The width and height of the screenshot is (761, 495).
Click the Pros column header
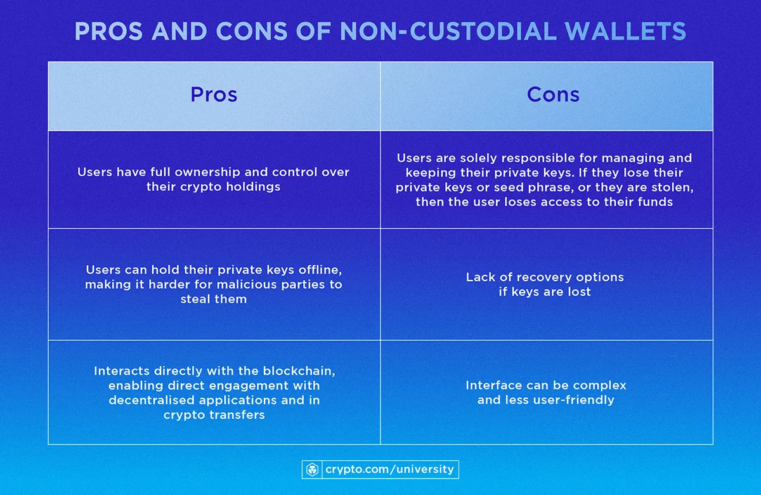[x=214, y=95]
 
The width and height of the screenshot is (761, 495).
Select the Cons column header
[x=553, y=95]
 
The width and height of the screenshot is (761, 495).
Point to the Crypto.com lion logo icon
[x=313, y=470]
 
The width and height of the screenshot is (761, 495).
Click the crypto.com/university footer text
[x=389, y=470]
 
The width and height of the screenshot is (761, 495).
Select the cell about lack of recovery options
[x=545, y=284]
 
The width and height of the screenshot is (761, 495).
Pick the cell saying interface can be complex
[x=545, y=392]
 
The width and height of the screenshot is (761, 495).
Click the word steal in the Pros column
[x=196, y=298]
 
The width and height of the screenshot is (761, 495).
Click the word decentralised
[x=150, y=400]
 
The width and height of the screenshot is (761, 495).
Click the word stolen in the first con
[x=671, y=187]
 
